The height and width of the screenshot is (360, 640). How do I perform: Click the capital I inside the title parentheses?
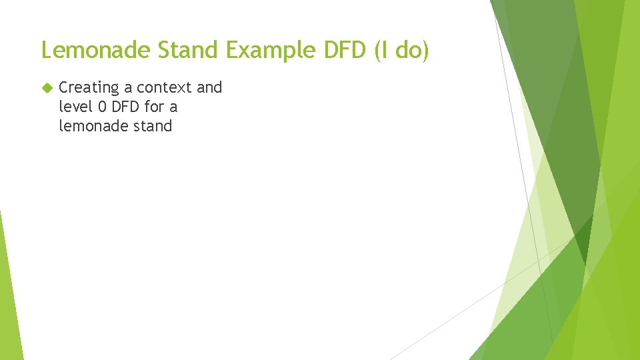(383, 50)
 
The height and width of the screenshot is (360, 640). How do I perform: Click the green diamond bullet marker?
(45, 87)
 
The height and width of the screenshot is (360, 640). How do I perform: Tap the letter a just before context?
(128, 88)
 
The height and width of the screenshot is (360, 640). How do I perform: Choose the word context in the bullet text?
(165, 87)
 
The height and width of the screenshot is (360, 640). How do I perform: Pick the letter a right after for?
(173, 107)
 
